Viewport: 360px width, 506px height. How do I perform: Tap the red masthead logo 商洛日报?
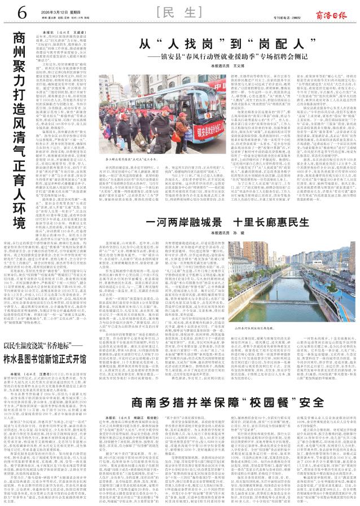coord(335,13)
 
